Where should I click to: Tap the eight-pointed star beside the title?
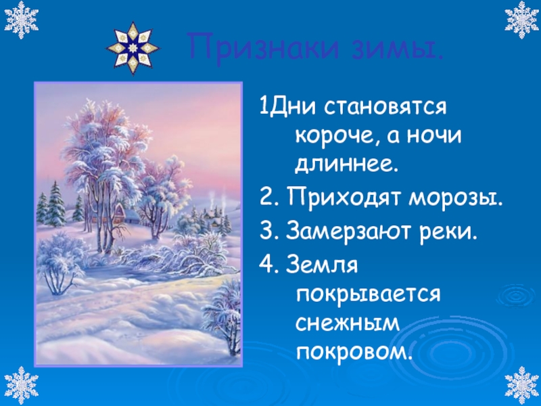tap(133, 48)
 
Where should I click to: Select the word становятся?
tap(385, 108)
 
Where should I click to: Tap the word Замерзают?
tap(349, 232)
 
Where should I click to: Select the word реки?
tap(448, 233)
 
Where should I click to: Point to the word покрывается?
tap(368, 296)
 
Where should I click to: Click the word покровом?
tap(354, 352)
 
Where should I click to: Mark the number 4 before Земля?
tap(267, 265)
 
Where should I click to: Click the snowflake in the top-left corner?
tap(22, 20)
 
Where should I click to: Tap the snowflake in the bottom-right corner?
tap(521, 385)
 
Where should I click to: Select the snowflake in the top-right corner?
tap(521, 20)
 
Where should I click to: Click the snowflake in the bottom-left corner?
tap(22, 385)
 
